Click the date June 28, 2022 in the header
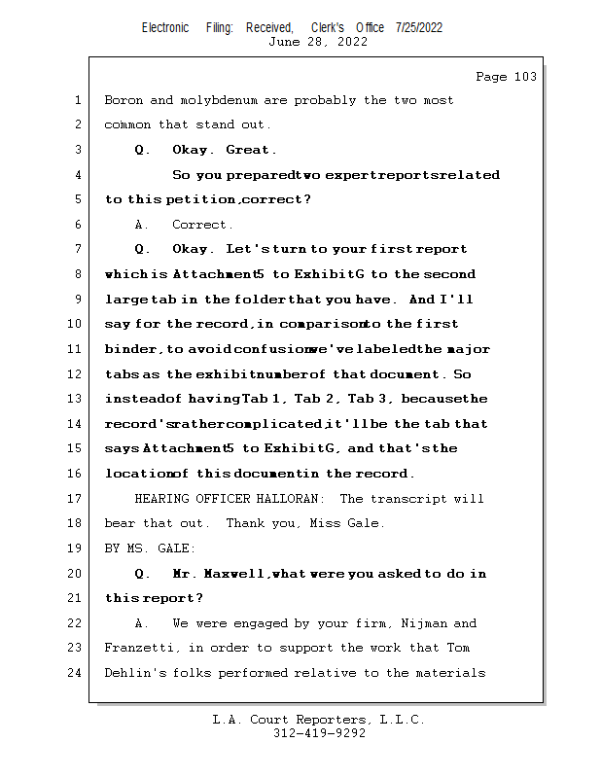coord(318,42)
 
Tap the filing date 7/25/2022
coord(419,27)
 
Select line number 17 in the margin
coord(78,499)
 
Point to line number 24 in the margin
coord(78,672)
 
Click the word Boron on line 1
coord(123,100)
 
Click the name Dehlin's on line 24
coord(134,672)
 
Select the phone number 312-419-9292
coord(319,733)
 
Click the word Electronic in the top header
coord(165,27)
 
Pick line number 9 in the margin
coord(78,300)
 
